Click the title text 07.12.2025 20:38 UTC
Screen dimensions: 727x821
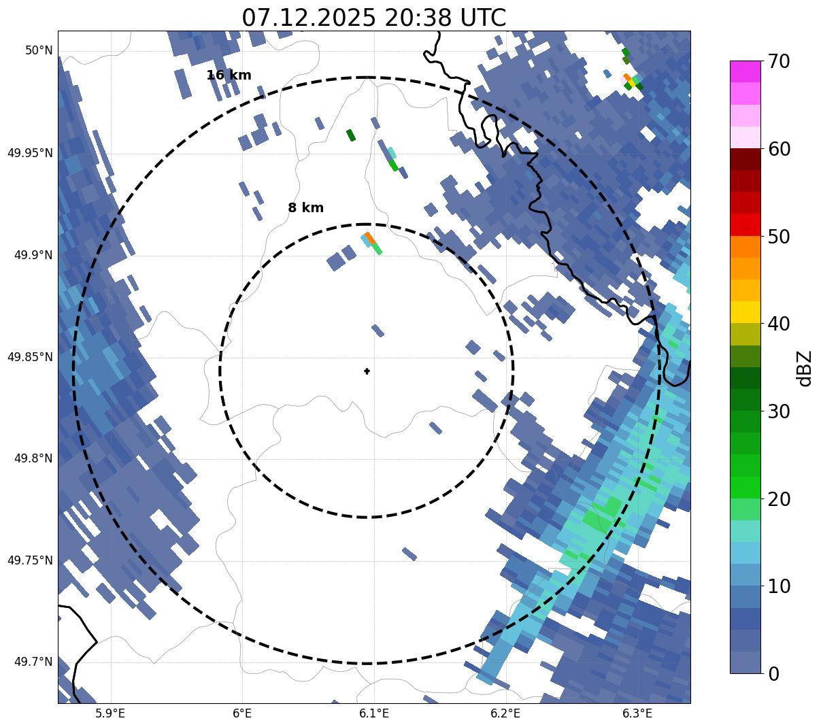pos(373,18)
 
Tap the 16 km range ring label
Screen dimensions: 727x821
pos(229,75)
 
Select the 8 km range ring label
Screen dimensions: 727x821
pos(305,208)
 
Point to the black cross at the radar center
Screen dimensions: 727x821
pos(367,371)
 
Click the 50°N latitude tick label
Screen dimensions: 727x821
pos(39,50)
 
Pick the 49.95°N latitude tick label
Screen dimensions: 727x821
pos(30,153)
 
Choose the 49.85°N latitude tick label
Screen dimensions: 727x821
pos(30,357)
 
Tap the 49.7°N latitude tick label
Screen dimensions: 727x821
pos(33,662)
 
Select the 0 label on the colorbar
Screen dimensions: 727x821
pos(774,674)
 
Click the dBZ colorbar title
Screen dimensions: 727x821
pos(805,368)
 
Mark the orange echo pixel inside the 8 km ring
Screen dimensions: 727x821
pos(370,237)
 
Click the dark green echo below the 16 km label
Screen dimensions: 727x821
pos(350,135)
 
